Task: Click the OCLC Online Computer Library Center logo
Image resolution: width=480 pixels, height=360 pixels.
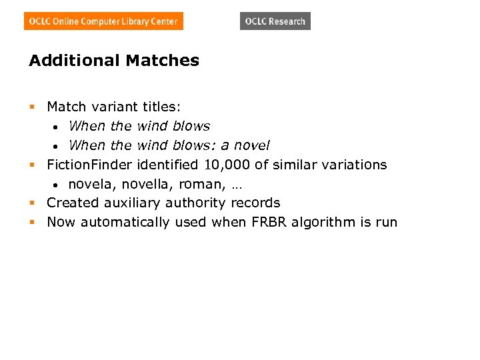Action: (103, 21)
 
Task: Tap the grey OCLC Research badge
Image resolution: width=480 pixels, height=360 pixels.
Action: (275, 21)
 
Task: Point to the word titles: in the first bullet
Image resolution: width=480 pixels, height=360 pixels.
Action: (161, 107)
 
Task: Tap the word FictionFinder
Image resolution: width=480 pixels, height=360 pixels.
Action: (90, 165)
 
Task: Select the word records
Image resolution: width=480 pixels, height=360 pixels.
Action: (255, 203)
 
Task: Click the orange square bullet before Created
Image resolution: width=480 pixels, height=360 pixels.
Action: (32, 203)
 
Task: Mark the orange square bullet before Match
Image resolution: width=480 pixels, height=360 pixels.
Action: (32, 107)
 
